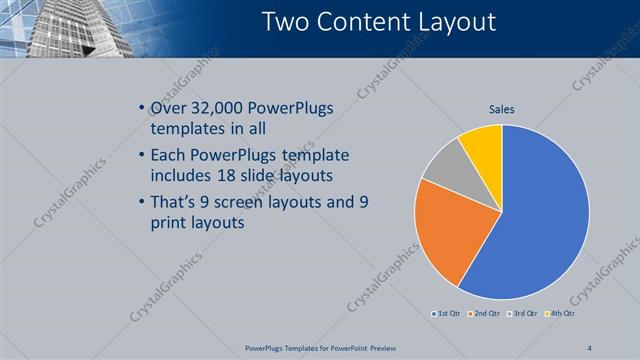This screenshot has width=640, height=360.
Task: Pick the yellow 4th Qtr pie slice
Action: coord(482,142)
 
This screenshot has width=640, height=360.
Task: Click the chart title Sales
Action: coord(502,110)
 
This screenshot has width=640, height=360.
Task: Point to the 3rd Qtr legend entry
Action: coord(524,314)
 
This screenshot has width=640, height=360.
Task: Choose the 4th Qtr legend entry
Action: coord(563,314)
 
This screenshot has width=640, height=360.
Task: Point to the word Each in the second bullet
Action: coord(166,156)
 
